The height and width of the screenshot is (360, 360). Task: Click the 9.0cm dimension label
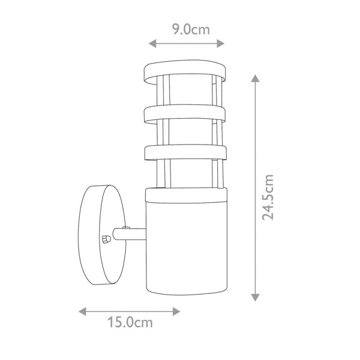191,29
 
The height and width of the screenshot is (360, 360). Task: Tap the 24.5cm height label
268,197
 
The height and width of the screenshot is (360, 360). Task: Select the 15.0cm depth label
130,322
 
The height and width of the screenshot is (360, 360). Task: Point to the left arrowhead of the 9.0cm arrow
152,43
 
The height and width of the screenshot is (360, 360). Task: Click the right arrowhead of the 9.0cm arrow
221,43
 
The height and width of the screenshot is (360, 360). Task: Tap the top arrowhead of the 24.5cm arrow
255,78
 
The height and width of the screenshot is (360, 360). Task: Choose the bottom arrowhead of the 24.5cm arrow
255,298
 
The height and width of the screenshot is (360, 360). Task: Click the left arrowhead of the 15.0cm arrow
82,311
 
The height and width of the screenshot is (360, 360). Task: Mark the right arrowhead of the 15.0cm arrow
176,311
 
